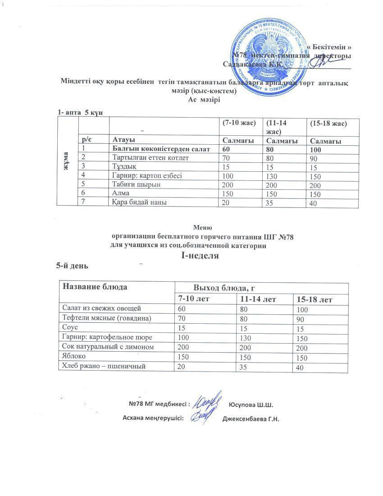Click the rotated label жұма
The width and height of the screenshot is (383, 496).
coord(66,161)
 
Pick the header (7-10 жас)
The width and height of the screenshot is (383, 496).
coord(239,123)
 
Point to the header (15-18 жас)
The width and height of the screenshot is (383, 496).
coord(327,123)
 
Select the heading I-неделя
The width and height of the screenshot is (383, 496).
coord(200,256)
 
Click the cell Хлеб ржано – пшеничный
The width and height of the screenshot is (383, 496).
coord(104,367)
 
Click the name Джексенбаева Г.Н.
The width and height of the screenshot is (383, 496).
coord(251,419)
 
